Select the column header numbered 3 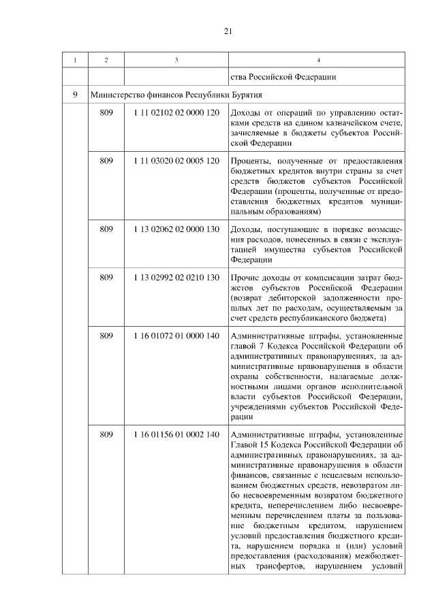pos(176,61)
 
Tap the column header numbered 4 pos(319,61)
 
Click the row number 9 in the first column pos(75,94)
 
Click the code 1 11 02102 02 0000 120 pos(176,112)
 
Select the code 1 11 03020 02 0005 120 pos(176,161)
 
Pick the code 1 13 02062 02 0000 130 pos(176,229)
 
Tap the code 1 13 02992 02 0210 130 pos(176,278)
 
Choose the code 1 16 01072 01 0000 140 pos(176,336)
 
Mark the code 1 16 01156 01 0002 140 pos(176,434)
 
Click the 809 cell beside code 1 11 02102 pos(106,112)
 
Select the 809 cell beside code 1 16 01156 pos(106,434)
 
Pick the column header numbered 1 pos(75,61)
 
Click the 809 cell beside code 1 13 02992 pos(106,278)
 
